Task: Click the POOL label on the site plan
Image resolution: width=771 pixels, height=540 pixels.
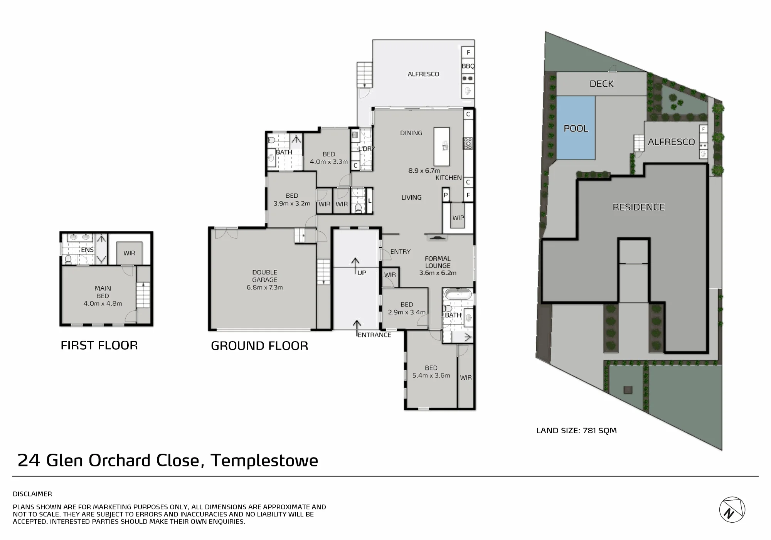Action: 576,128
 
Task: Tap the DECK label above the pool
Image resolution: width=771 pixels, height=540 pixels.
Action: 601,84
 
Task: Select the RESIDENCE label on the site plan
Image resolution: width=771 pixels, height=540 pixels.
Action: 638,207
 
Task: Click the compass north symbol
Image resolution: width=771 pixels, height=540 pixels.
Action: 732,510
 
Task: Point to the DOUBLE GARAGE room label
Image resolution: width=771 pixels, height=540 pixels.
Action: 265,276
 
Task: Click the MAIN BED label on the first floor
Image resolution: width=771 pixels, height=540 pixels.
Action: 103,292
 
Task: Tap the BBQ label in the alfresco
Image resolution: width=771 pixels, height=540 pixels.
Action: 468,66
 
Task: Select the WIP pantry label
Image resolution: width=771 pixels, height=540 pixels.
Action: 458,218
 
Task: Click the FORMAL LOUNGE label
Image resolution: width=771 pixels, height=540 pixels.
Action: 438,262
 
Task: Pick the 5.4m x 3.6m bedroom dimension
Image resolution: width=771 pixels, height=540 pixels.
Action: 431,375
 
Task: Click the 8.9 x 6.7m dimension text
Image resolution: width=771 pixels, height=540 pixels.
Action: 424,170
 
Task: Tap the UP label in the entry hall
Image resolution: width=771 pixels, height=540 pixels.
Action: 362,273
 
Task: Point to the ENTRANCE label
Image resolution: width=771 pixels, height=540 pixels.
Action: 374,335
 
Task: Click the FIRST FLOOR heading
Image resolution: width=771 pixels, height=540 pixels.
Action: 99,345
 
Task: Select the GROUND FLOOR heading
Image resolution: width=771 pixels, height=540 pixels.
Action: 259,346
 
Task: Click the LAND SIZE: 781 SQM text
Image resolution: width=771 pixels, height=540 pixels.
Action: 576,431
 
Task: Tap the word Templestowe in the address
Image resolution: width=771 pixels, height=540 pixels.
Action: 264,461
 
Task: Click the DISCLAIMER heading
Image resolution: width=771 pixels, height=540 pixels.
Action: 32,494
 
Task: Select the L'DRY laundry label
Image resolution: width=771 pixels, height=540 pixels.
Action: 366,149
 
